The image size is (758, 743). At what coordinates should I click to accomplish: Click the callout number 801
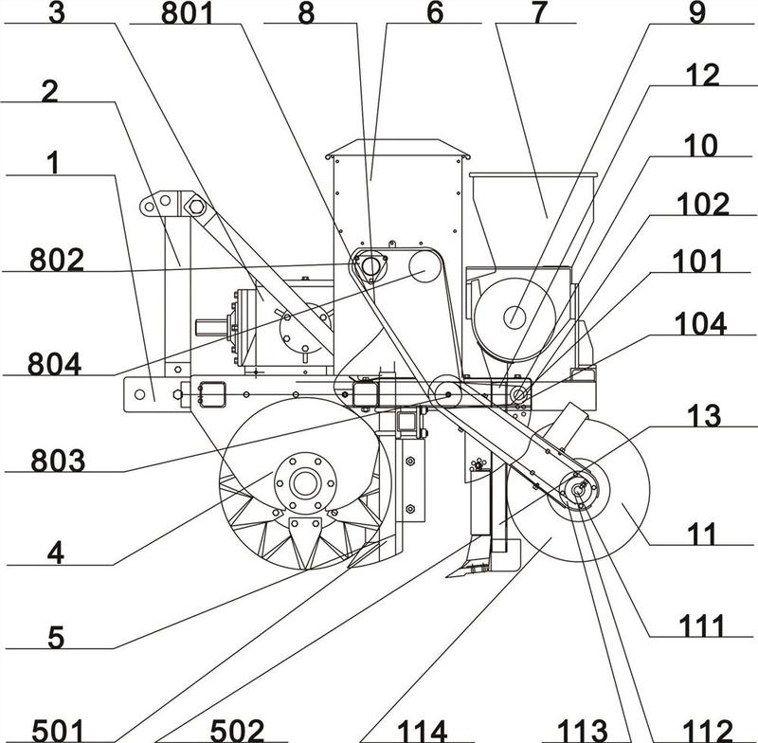[187, 13]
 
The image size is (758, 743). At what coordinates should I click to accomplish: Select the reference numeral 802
[57, 260]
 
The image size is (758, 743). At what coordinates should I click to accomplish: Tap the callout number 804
[54, 364]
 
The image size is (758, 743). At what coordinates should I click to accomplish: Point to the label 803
[58, 461]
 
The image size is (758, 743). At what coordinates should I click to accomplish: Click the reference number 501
[58, 731]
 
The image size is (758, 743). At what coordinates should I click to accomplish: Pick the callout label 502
[238, 731]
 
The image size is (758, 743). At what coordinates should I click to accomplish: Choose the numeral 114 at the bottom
[422, 731]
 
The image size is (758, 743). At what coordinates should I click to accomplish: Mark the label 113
[583, 731]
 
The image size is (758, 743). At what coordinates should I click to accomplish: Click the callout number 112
[707, 731]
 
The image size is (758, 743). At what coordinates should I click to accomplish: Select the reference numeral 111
[702, 626]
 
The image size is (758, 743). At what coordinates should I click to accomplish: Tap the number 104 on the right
[700, 324]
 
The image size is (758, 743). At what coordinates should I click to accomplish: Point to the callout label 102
[703, 205]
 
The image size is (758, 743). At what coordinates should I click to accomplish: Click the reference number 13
[705, 416]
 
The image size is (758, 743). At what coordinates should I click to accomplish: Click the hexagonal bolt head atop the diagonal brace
[197, 207]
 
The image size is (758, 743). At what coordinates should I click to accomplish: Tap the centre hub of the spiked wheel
[305, 483]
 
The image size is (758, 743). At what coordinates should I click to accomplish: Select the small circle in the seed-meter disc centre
[514, 317]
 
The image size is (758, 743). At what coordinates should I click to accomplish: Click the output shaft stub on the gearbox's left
[210, 327]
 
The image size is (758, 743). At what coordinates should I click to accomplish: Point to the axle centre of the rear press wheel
[578, 490]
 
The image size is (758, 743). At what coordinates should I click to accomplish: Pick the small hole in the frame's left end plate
[139, 394]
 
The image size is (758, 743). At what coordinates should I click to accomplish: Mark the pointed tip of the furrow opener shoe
[447, 576]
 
